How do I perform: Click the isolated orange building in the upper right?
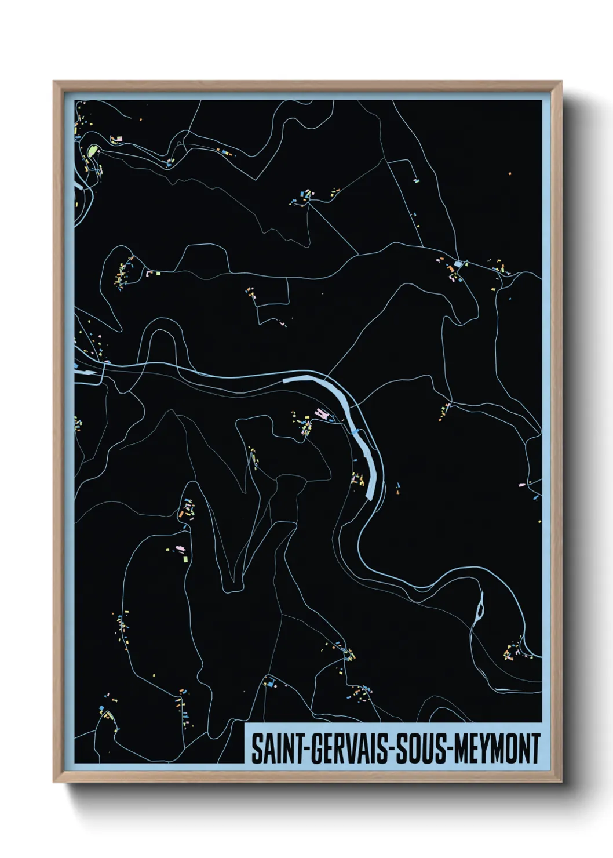coord(510,173)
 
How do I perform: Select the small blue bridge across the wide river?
coord(355,431)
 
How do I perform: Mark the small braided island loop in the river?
coord(479,609)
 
